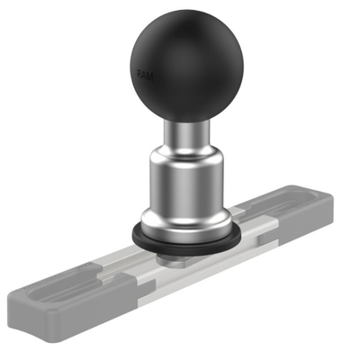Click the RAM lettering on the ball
pos(143,76)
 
